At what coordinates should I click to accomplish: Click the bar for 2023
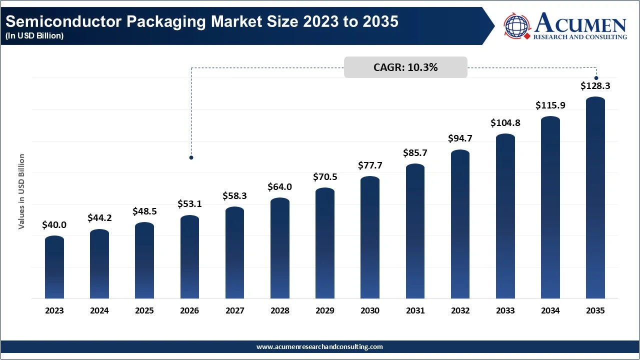54,268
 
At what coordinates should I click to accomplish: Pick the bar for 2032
460,225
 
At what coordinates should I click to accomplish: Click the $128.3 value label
595,86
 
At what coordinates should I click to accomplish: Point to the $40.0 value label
54,225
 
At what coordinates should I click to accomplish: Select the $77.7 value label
370,165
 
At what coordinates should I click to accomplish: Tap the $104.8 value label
505,122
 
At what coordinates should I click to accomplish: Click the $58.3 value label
234,196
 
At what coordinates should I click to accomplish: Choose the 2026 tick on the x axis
189,310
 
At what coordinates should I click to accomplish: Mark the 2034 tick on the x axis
550,310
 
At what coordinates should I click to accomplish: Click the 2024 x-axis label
99,310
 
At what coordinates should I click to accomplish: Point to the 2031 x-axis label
415,310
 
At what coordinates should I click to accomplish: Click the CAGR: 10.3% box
405,67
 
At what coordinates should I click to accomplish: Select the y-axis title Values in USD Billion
21,191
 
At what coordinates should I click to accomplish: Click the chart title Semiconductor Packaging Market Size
202,22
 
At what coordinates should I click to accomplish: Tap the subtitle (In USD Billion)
35,36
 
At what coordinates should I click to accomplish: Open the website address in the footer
319,346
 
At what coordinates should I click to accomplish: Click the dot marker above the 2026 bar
191,157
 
